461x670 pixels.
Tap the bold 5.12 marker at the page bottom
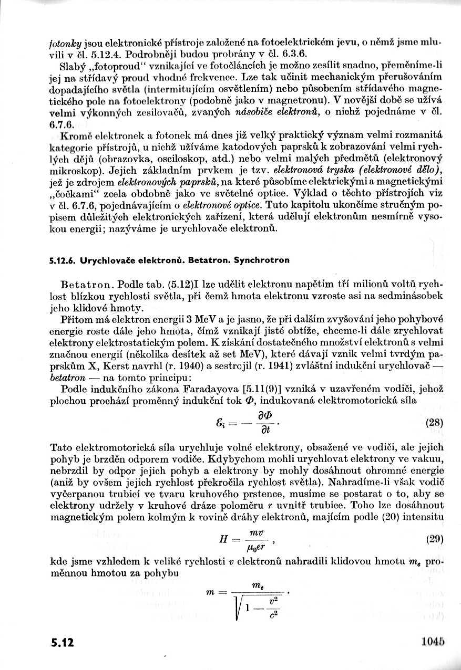[x=63, y=643]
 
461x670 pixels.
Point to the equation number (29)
[x=435, y=538]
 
